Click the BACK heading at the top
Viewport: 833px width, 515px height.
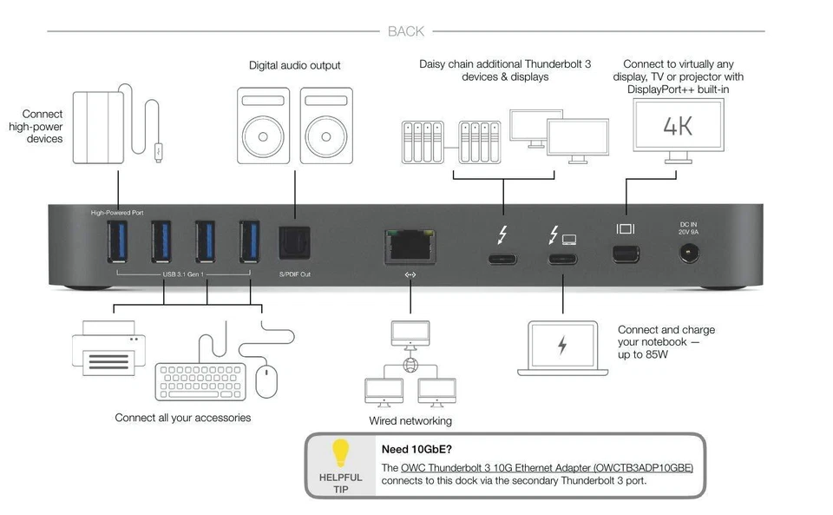pos(406,31)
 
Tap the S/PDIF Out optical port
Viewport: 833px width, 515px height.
pos(294,243)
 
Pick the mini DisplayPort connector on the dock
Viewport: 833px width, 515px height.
pos(626,254)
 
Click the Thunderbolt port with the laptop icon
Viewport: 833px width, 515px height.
pos(562,258)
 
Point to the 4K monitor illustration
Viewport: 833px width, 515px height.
pos(678,127)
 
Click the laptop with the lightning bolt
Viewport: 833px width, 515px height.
pos(561,347)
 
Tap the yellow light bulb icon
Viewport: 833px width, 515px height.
pos(341,452)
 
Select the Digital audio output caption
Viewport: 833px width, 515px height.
pos(294,65)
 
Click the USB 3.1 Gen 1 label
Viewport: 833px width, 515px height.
pos(184,276)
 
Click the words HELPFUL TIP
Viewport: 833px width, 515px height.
pos(341,484)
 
